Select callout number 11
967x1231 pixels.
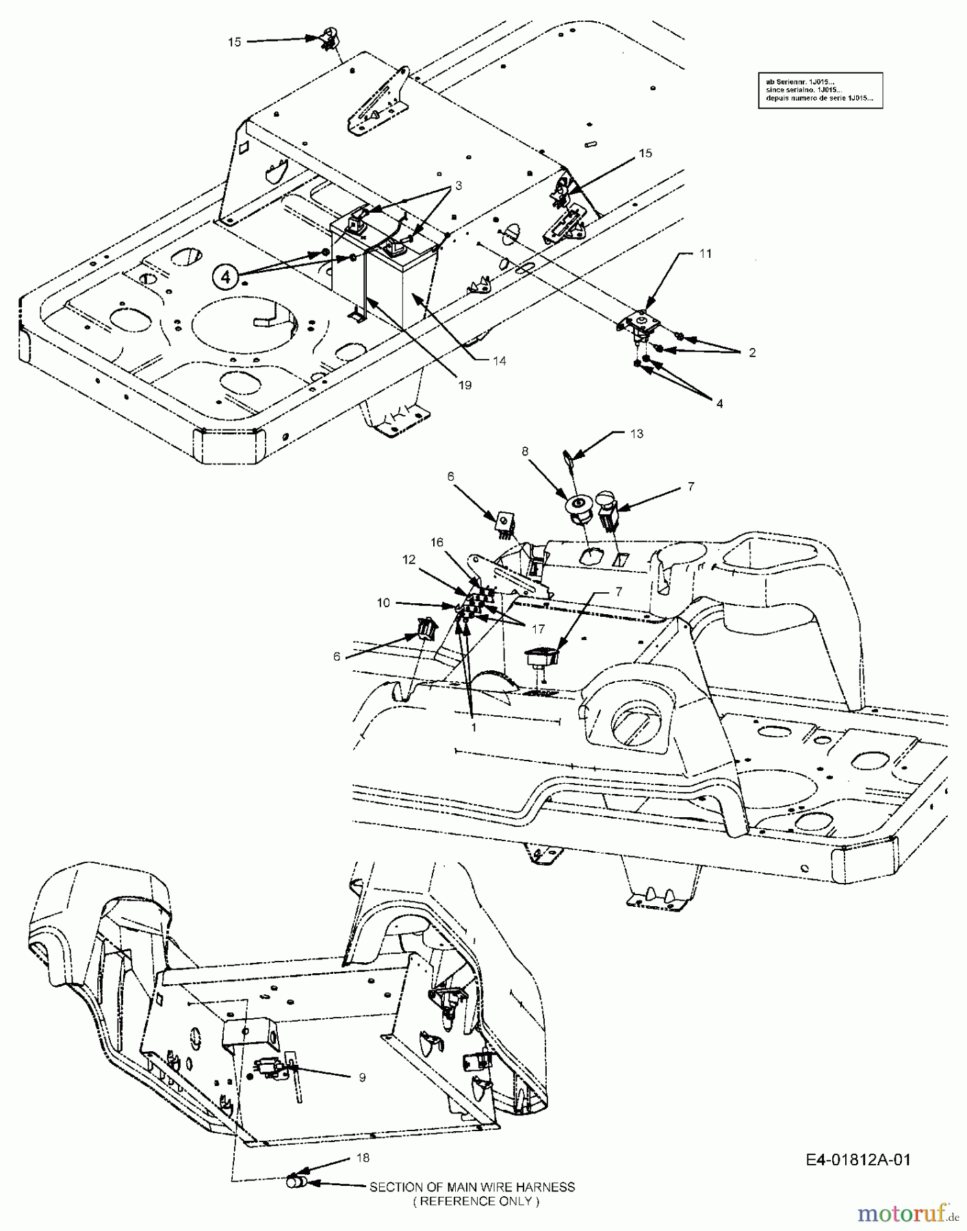(706, 254)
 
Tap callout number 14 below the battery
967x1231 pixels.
(500, 361)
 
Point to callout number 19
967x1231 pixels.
(465, 386)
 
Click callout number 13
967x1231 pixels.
(636, 434)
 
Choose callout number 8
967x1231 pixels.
(525, 451)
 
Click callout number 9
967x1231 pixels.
(362, 1078)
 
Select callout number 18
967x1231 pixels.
(363, 1158)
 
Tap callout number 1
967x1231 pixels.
(474, 728)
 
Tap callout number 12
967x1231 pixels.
(409, 559)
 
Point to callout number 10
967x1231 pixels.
(383, 603)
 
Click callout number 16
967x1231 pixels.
(437, 542)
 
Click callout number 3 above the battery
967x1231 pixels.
(459, 186)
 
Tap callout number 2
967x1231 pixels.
(752, 353)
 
